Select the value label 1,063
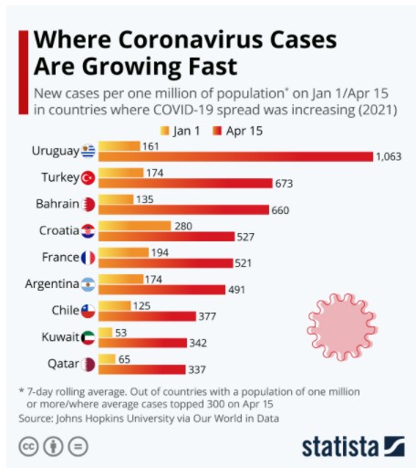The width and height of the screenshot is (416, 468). click(x=387, y=157)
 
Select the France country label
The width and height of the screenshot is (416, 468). click(x=60, y=257)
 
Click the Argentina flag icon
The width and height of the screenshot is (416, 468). click(x=88, y=283)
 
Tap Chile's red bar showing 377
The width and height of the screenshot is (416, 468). click(x=146, y=316)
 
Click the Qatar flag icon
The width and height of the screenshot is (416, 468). click(x=88, y=364)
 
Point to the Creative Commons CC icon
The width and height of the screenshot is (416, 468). click(x=28, y=447)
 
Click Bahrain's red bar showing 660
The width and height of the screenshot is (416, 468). click(x=182, y=210)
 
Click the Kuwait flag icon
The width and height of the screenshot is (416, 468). click(x=88, y=337)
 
